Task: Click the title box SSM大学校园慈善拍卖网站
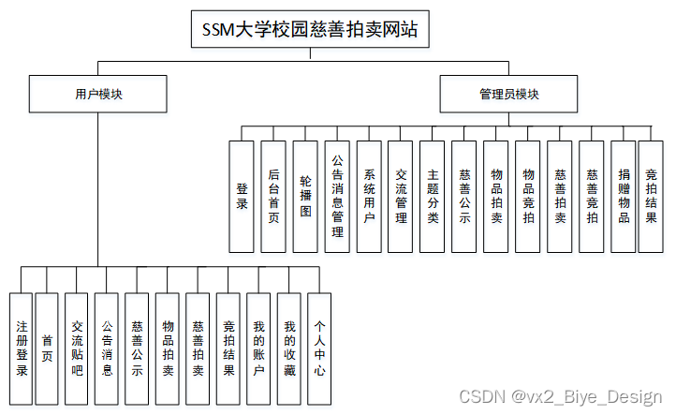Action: tap(310, 30)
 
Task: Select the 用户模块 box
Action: tap(98, 94)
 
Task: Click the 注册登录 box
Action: tap(22, 348)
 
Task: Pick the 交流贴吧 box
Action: tap(77, 348)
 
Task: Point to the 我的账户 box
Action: tap(259, 348)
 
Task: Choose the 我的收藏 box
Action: tap(289, 348)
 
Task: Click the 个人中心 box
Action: tap(320, 348)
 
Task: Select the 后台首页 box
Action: tap(273, 196)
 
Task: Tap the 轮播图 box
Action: tap(305, 196)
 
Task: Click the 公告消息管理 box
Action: tap(338, 196)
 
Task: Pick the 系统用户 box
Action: tap(369, 196)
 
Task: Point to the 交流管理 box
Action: tap(401, 196)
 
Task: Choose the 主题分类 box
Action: tap(433, 196)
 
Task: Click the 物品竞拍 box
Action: tap(528, 196)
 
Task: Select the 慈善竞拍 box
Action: tap(592, 196)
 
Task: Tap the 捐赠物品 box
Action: tap(624, 196)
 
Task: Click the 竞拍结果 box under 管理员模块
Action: tap(651, 196)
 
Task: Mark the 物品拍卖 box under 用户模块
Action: tap(168, 348)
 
